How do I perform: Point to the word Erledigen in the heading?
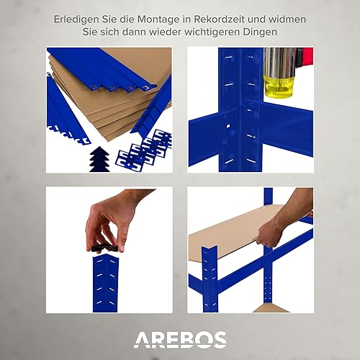click(x=76, y=19)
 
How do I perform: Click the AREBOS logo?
click(x=180, y=340)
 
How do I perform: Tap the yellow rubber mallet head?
click(x=279, y=86)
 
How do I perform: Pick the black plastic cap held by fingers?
click(x=105, y=248)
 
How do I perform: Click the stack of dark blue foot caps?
click(x=99, y=159)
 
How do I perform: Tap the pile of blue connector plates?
click(x=144, y=150)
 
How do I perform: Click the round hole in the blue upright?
click(x=228, y=126)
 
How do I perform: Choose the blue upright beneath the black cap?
click(x=105, y=283)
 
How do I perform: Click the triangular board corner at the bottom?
click(x=271, y=309)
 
